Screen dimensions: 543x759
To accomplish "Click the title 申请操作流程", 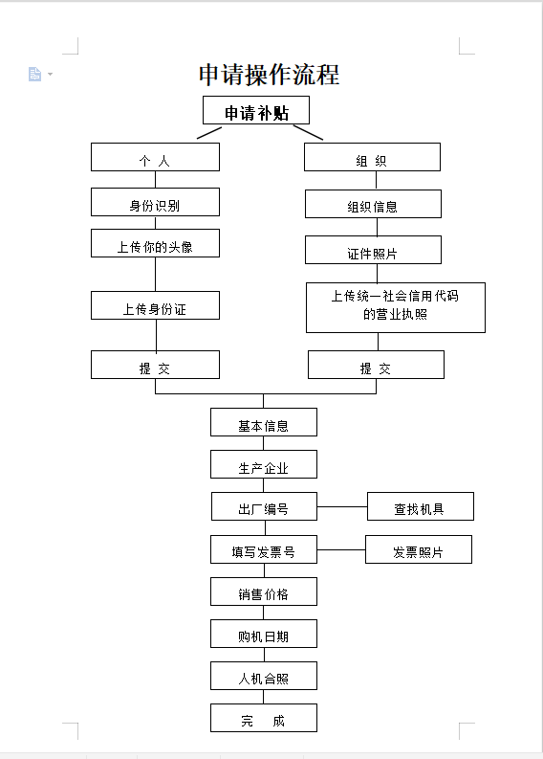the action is (x=269, y=75).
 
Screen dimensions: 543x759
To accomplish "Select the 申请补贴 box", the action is (x=256, y=110).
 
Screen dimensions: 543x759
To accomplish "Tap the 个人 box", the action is (x=155, y=157).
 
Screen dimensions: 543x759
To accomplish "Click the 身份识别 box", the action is (x=155, y=202).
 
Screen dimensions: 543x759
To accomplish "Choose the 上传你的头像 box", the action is (x=155, y=243).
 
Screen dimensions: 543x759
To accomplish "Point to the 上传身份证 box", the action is (x=155, y=305).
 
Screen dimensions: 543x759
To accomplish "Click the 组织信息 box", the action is (x=373, y=204).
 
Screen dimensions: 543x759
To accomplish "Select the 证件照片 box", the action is (x=373, y=250).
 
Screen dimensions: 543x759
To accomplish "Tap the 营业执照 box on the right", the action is (x=396, y=307).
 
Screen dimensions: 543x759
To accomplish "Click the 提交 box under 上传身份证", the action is (x=155, y=365).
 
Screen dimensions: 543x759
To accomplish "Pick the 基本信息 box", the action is (x=264, y=422).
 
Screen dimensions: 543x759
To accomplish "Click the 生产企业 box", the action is (x=264, y=464).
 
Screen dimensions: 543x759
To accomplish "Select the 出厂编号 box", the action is (x=264, y=506).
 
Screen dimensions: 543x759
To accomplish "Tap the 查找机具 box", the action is (x=421, y=506).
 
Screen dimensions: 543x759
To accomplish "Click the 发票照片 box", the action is (x=419, y=549).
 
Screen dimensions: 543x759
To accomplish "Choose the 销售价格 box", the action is (x=264, y=592).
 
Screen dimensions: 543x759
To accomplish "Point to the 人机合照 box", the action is (x=264, y=676).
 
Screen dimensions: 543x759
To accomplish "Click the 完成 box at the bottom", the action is (x=264, y=718).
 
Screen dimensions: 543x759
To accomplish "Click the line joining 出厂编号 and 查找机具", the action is (x=342, y=507).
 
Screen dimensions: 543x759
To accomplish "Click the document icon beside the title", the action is (x=34, y=74).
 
